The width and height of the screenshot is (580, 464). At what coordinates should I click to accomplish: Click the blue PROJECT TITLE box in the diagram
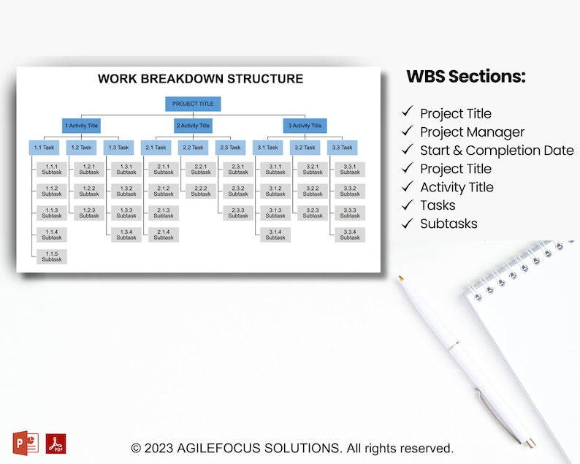pos(193,104)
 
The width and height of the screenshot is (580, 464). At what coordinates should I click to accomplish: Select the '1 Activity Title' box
pos(81,126)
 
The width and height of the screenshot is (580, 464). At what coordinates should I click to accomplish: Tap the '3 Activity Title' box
pos(305,126)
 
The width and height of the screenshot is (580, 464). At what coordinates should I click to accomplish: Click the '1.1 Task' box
pos(44,148)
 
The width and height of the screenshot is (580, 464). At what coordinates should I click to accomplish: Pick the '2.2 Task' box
pos(193,148)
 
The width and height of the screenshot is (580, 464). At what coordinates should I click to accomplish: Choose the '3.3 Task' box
pos(342,148)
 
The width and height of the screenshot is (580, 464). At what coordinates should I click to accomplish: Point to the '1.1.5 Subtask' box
pos(52,256)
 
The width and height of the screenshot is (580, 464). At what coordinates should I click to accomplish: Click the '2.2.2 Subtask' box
pos(201,191)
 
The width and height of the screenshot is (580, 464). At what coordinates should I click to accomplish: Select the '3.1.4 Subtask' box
pos(275,235)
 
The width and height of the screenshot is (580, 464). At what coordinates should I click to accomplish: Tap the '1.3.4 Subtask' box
pos(126,235)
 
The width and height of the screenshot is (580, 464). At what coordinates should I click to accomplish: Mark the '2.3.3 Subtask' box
pos(238,213)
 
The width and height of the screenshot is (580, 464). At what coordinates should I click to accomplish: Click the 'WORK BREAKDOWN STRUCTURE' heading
pos(200,79)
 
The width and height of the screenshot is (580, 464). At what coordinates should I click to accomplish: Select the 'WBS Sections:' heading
pos(465,77)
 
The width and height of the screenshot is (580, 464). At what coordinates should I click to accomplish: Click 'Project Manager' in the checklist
pos(472,132)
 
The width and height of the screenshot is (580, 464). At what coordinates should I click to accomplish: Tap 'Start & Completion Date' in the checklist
pos(497,151)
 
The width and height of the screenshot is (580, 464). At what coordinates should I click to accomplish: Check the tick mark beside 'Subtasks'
pos(407,223)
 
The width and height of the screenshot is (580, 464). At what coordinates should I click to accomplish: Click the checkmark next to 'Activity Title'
pos(407,186)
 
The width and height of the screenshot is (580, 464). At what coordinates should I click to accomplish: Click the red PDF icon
pos(56,444)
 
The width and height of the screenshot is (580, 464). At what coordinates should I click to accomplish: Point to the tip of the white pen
pos(400,277)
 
